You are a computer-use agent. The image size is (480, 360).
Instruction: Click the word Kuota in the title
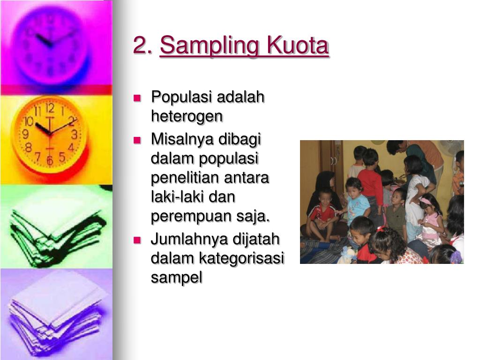click(x=298, y=46)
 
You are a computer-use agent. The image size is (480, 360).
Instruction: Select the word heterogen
click(x=187, y=116)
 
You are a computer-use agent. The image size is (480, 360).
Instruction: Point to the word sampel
click(x=176, y=277)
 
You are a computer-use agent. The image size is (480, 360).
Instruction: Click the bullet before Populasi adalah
click(x=137, y=98)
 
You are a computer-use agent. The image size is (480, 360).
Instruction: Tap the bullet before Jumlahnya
click(x=137, y=240)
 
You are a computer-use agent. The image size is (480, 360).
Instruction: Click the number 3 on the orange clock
click(x=74, y=135)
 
